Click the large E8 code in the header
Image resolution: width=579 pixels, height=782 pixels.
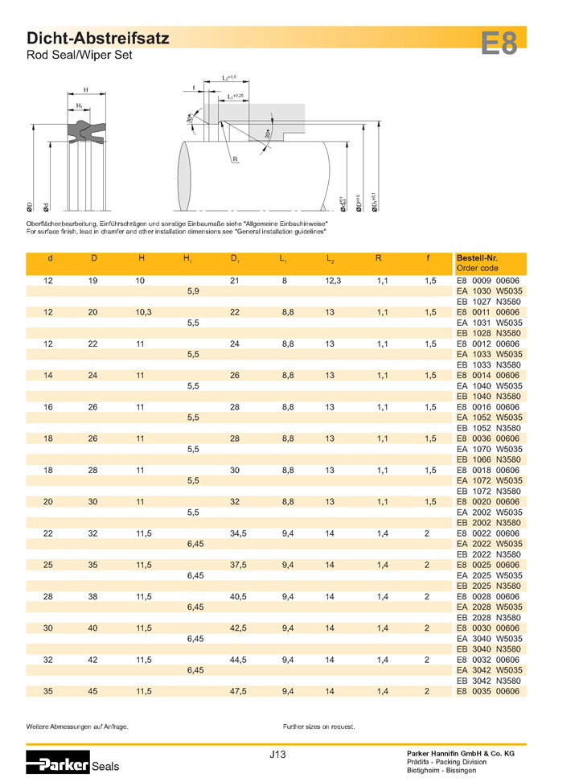tap(499, 43)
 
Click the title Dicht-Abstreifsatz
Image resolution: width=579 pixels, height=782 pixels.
tap(97, 38)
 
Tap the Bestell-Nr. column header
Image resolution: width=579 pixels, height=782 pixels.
tap(474, 258)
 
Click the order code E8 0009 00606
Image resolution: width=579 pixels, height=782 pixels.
tap(488, 281)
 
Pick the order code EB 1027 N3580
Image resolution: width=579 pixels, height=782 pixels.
tap(488, 302)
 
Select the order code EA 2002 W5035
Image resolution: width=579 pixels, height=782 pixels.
tap(488, 511)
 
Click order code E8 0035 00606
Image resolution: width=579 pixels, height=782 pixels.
tap(488, 690)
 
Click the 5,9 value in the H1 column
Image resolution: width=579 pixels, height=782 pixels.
tap(193, 291)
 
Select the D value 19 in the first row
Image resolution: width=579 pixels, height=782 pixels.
tap(94, 281)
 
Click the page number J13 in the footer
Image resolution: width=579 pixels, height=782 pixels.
tap(279, 754)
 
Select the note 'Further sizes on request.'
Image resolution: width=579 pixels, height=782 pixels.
tap(318, 726)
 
